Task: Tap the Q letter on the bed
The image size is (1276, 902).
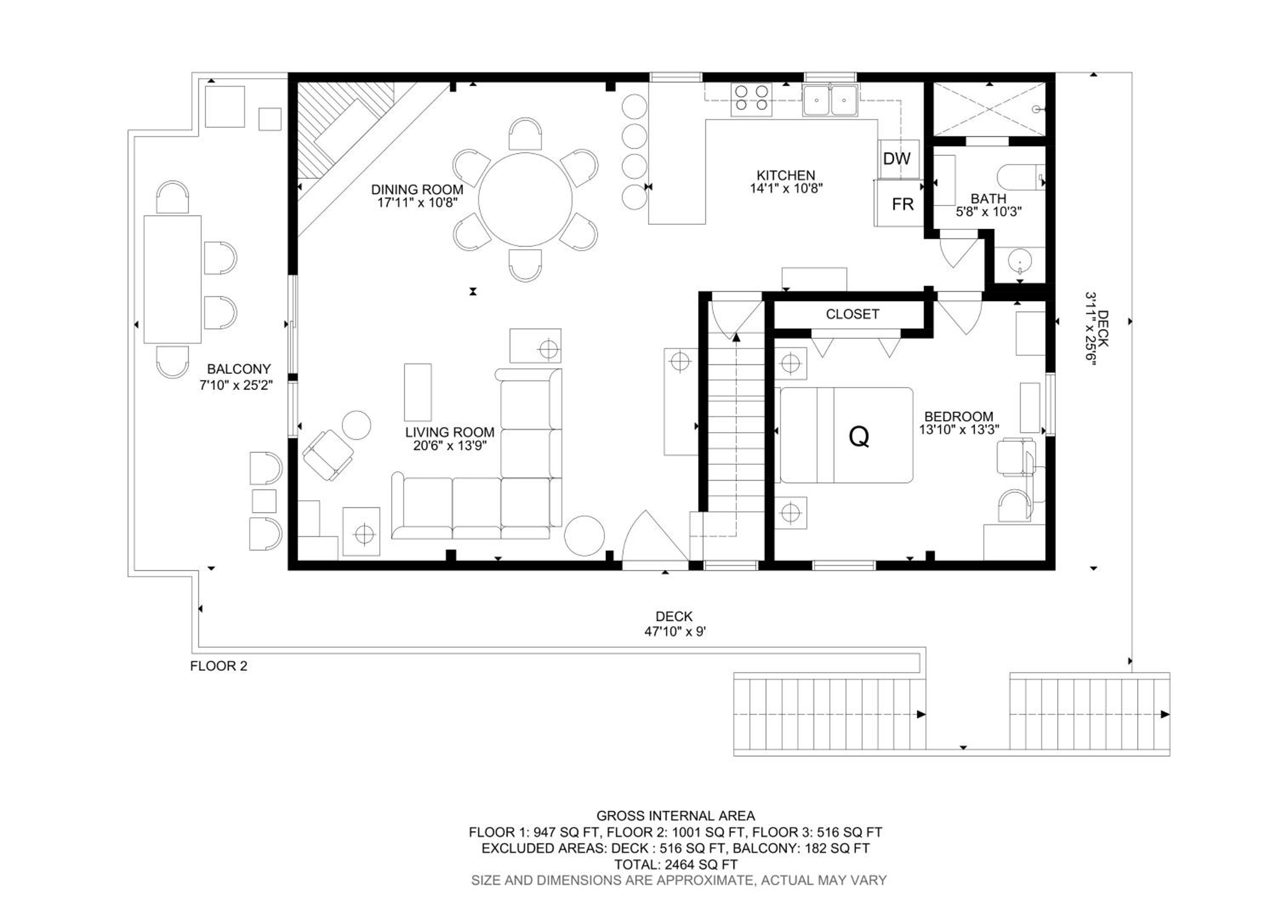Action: point(859,437)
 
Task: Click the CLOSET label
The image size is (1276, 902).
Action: point(852,314)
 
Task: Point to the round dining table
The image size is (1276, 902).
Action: point(526,200)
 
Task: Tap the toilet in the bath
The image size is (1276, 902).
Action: point(1021,177)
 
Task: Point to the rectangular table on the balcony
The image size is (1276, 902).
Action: point(172,279)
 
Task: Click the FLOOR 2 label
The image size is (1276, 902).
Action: point(219,666)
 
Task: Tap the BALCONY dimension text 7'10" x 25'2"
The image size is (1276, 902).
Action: point(236,385)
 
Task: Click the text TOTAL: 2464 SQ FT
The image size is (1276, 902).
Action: point(675,864)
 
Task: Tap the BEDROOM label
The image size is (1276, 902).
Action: point(959,416)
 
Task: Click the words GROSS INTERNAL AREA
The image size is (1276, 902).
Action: point(675,816)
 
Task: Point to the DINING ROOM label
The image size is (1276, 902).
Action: point(417,189)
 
